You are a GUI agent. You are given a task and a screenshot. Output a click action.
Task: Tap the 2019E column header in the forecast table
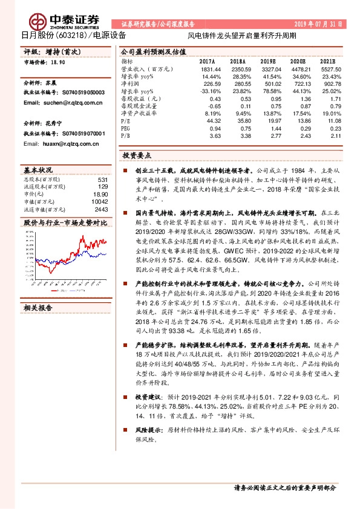point(267,62)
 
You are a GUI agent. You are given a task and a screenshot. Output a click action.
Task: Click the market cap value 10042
point(99,201)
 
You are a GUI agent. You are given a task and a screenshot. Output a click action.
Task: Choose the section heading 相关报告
point(38,308)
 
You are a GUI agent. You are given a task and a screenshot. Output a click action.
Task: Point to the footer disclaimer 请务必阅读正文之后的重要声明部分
point(284,487)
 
